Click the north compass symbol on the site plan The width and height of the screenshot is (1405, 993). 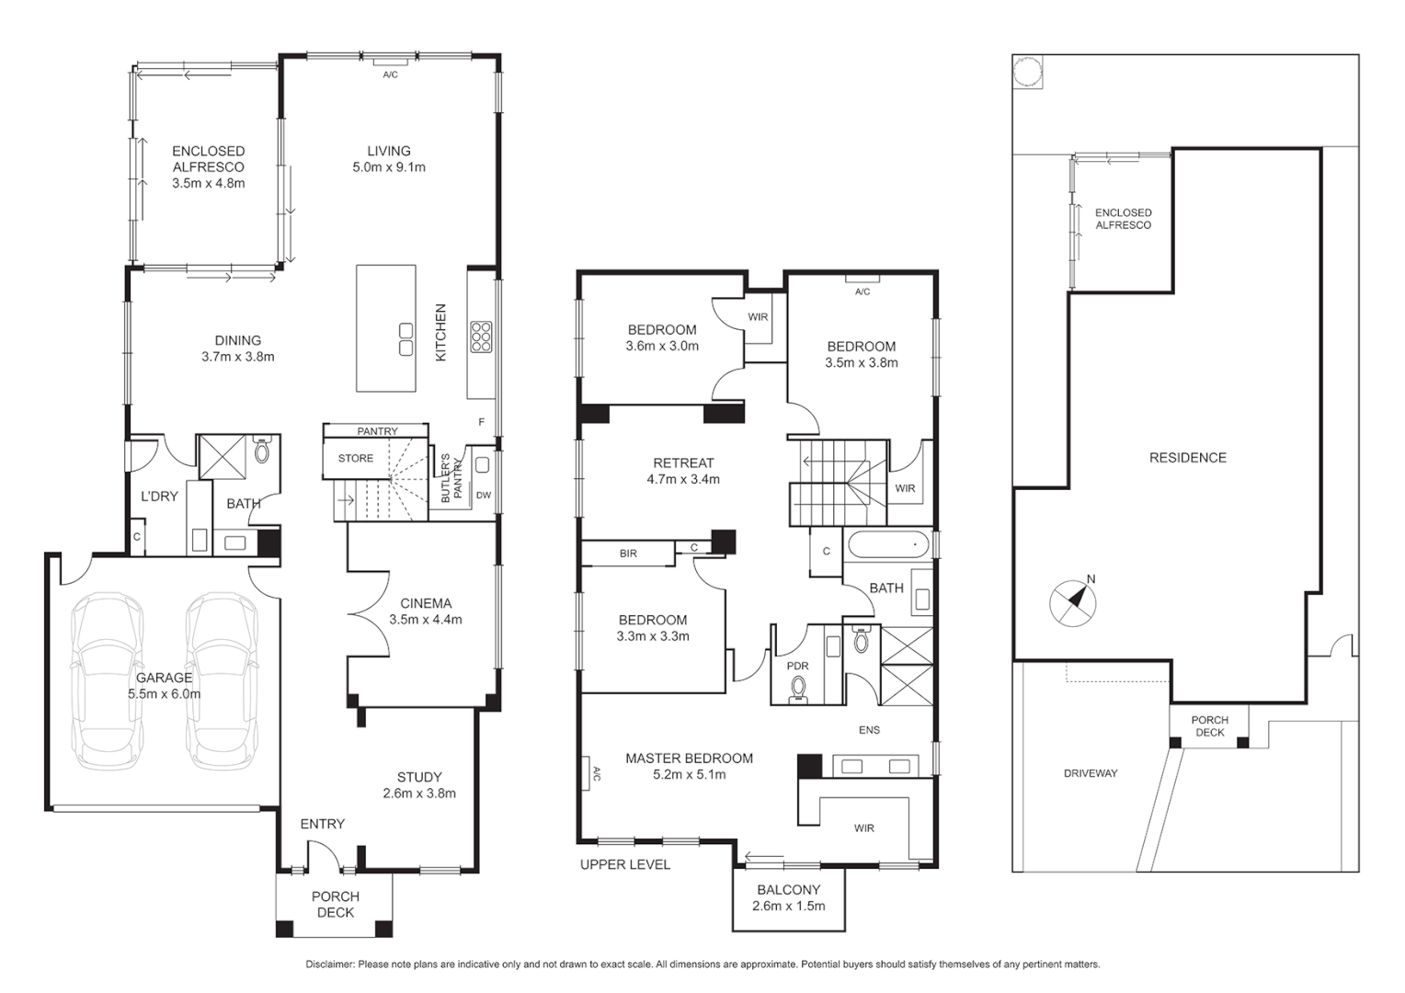click(x=1073, y=603)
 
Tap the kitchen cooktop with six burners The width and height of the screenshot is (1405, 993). click(x=481, y=337)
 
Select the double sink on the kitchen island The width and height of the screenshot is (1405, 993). click(x=406, y=339)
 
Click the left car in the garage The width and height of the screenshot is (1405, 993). click(x=109, y=680)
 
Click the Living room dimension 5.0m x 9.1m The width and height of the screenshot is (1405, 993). click(x=389, y=167)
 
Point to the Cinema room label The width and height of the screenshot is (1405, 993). click(x=426, y=603)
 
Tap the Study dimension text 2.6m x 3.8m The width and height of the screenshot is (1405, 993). click(x=419, y=793)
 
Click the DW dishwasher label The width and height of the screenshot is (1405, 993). click(x=484, y=496)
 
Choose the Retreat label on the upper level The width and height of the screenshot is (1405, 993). click(x=683, y=462)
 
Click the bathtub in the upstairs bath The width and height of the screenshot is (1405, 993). click(x=889, y=545)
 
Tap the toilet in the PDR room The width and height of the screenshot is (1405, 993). click(x=798, y=688)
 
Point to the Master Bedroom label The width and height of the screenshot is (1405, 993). click(x=689, y=759)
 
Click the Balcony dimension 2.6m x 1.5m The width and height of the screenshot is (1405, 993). click(x=788, y=906)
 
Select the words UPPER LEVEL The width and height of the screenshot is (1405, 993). click(x=625, y=864)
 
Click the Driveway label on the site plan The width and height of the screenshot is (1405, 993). click(x=1091, y=773)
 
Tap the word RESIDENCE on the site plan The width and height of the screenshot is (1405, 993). click(x=1187, y=457)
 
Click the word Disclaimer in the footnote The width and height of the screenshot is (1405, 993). click(x=329, y=964)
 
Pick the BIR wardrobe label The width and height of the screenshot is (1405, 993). click(x=628, y=554)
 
